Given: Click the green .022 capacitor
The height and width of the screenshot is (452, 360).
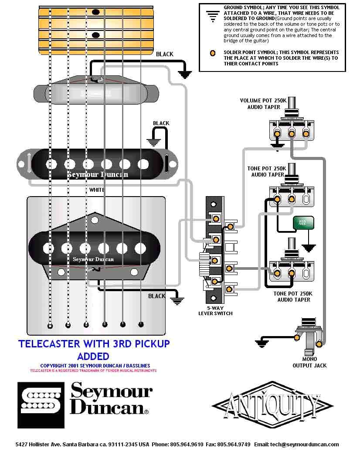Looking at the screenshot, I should point(302,222).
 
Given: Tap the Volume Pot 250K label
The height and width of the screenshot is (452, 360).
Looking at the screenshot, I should point(263,103).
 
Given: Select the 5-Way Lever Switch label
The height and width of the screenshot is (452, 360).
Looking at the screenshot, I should point(215,310).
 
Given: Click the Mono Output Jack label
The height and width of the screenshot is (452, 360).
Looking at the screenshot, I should point(309,362).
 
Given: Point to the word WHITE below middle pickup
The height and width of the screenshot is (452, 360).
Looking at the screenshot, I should point(97,190).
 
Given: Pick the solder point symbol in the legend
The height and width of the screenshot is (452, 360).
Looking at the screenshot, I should point(212,53).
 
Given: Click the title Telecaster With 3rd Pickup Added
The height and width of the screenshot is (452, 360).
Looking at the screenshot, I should point(94,350).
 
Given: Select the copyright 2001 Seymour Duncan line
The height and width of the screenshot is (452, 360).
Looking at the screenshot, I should point(95,366).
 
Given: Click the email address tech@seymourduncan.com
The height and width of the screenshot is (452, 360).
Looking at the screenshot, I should point(304,445).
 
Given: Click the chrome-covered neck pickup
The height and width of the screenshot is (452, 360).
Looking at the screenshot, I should point(95,92).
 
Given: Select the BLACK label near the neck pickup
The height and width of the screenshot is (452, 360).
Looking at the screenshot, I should point(164,54).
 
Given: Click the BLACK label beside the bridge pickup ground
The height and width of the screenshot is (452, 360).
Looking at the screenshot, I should point(157,296).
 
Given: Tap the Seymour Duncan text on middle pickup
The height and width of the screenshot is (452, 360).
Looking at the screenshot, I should point(98,174).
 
